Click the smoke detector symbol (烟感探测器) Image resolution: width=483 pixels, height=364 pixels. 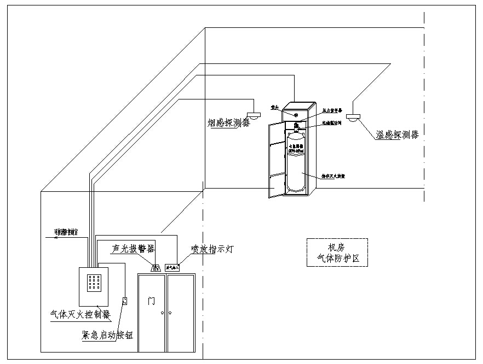254,115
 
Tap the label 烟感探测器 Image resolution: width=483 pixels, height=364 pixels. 228,122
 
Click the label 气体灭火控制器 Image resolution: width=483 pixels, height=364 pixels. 80,315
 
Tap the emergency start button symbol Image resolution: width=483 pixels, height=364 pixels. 125,300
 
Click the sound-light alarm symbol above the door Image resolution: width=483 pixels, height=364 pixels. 156,268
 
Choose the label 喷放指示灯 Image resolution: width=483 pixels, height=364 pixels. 212,249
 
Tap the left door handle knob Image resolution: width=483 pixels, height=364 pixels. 163,313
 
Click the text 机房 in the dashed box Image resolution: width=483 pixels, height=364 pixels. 337,246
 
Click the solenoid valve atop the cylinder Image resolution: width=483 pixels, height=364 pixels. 297,127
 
